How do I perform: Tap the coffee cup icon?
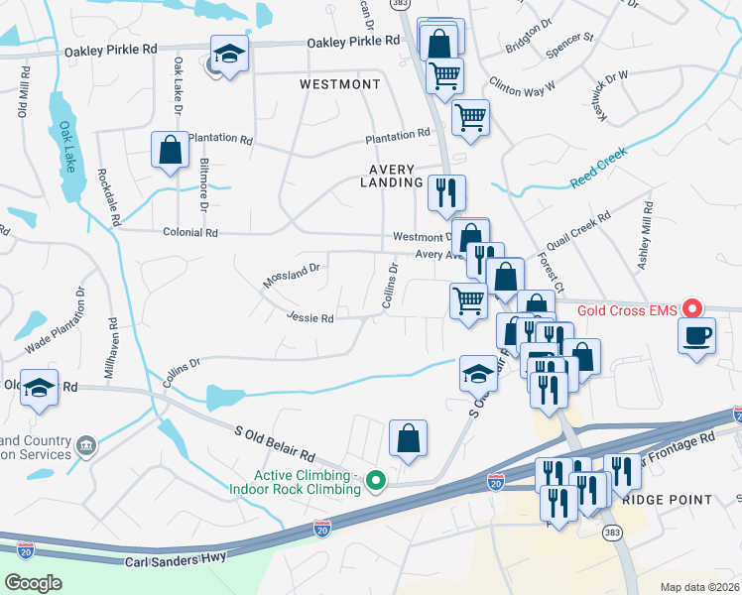tap(697, 336)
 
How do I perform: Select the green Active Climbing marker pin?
tap(375, 481)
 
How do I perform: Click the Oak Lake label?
tap(66, 148)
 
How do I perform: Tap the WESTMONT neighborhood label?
tap(340, 85)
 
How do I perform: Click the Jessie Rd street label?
tap(309, 318)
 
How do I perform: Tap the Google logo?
tap(34, 583)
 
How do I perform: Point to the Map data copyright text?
tap(699, 587)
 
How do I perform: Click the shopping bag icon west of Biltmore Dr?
tap(170, 150)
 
